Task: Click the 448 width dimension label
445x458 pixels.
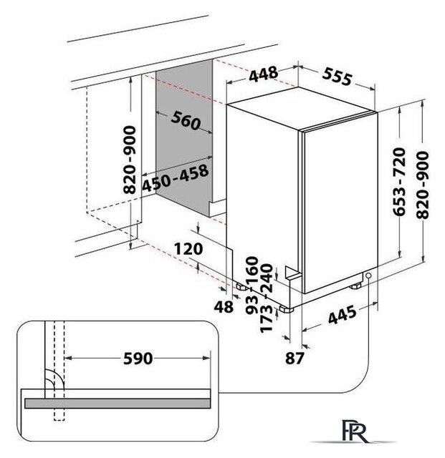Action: point(263,74)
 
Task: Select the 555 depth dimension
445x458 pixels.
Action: point(337,77)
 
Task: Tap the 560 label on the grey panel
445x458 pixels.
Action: point(186,120)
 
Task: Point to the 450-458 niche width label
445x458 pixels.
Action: point(176,178)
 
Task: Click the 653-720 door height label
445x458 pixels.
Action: point(399,182)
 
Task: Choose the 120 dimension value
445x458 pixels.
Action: point(188,249)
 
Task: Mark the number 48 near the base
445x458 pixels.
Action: point(224,307)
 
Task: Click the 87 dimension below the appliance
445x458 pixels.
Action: point(295,358)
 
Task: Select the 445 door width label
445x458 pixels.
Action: point(343,315)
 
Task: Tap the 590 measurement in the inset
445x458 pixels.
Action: point(138,358)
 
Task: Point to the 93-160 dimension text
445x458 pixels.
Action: point(252,285)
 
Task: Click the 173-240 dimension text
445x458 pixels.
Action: point(267,298)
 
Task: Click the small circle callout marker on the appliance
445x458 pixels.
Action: point(368,276)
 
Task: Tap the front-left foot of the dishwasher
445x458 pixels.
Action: point(286,308)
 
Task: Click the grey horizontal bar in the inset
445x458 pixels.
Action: point(118,403)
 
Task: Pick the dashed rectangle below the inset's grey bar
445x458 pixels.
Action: point(59,414)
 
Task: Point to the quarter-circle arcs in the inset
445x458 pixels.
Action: point(54,379)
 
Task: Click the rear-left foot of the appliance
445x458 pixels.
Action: point(242,287)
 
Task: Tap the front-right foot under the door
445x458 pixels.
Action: point(355,286)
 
